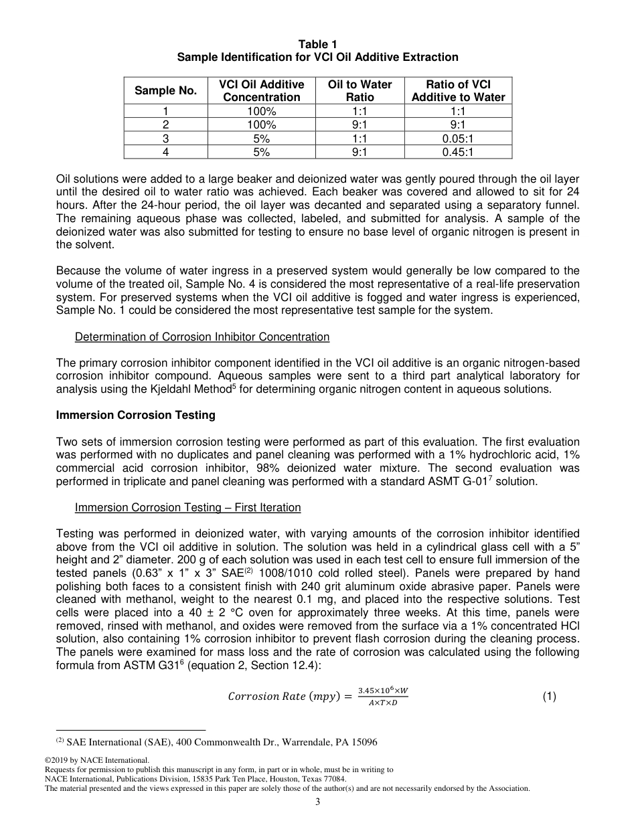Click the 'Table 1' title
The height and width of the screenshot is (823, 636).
point(317,45)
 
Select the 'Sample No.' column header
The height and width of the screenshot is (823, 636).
point(166,90)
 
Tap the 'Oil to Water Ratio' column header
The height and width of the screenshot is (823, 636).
point(360,90)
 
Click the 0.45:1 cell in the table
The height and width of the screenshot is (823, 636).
point(458,152)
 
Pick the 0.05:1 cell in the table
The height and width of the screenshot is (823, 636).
point(458,139)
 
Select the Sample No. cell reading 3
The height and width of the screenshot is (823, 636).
point(166,139)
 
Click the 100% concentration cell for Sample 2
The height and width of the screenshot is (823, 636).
point(261,124)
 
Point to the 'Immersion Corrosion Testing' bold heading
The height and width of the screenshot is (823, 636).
point(136,415)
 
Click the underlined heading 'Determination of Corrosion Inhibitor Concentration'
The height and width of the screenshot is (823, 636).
point(202,337)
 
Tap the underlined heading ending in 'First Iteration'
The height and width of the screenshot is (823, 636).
point(188,507)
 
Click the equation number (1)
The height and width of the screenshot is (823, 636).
point(550,697)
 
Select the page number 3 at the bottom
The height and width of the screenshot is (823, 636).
point(318,802)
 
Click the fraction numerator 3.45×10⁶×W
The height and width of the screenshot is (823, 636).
point(382,690)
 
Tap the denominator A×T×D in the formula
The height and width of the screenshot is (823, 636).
point(382,703)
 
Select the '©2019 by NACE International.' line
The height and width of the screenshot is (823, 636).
point(96,760)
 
